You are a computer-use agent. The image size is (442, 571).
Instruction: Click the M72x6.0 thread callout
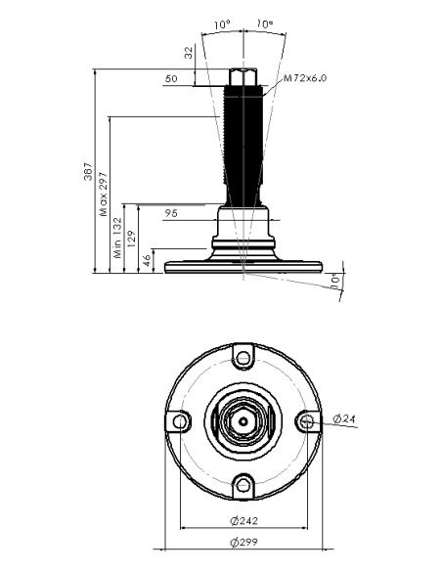305,78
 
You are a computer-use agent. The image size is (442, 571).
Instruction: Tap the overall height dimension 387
88,171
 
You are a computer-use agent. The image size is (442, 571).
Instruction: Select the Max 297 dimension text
104,195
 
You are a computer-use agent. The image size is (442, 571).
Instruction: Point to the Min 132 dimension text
117,238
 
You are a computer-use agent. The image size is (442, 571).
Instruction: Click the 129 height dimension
132,239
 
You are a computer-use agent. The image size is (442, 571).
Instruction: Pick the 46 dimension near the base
146,260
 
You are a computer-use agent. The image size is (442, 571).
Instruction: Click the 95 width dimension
171,213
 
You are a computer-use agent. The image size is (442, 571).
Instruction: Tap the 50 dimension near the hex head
171,78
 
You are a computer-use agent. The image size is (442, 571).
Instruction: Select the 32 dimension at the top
188,53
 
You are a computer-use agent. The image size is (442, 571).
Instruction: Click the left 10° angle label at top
222,24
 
